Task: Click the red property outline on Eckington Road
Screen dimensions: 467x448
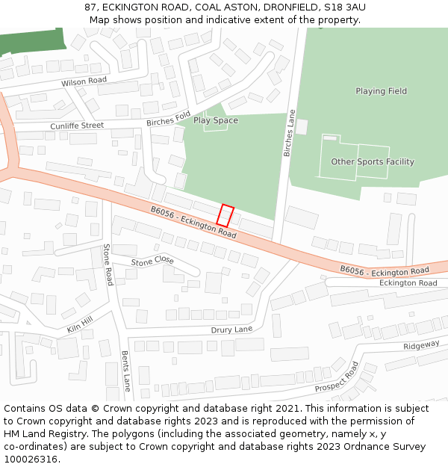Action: pyautogui.click(x=225, y=216)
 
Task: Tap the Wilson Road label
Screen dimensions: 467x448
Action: pyautogui.click(x=84, y=81)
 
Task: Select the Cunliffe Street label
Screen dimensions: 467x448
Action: pyautogui.click(x=77, y=126)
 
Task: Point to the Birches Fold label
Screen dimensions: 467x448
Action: pyautogui.click(x=169, y=119)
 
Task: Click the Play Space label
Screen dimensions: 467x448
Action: pyautogui.click(x=216, y=120)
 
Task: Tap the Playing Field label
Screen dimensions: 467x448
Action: pyautogui.click(x=381, y=91)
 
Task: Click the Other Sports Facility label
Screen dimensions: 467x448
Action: pyautogui.click(x=373, y=161)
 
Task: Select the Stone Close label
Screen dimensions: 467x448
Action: pyautogui.click(x=152, y=261)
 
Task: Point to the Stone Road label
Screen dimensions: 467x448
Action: pyautogui.click(x=108, y=265)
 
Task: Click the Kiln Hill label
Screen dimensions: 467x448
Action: pyautogui.click(x=80, y=324)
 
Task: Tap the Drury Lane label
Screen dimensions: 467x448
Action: pyautogui.click(x=231, y=329)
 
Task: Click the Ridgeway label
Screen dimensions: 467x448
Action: pyautogui.click(x=421, y=346)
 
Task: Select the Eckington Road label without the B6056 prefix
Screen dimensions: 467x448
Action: pyautogui.click(x=408, y=283)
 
